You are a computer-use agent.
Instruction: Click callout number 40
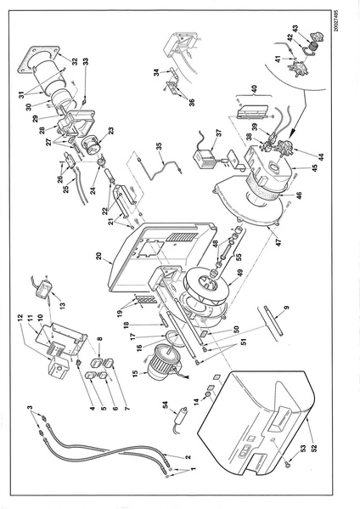click(256, 88)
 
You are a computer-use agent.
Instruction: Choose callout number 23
click(110, 134)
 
